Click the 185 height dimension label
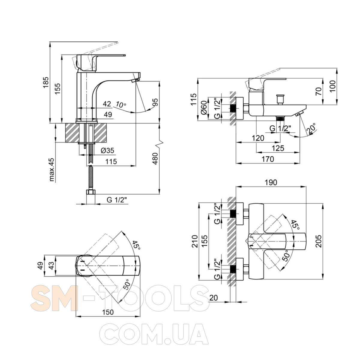(x=46, y=82)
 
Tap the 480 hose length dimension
(x=155, y=159)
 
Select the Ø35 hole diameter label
(x=107, y=150)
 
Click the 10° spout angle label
(x=121, y=105)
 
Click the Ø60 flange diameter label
(x=204, y=108)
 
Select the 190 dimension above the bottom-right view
(x=271, y=182)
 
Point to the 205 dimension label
(x=319, y=241)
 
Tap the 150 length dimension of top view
(x=108, y=312)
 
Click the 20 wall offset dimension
(x=214, y=298)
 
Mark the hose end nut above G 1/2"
(x=91, y=192)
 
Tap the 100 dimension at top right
(x=332, y=86)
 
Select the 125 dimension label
(x=278, y=148)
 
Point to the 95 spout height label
(x=155, y=102)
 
